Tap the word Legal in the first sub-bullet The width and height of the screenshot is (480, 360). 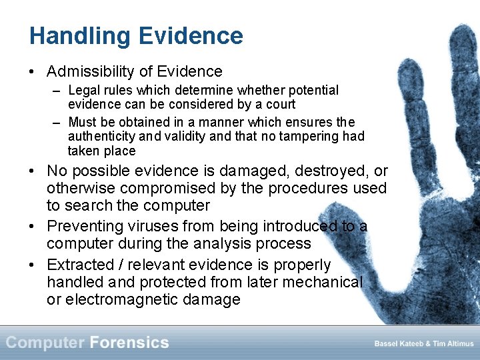83,90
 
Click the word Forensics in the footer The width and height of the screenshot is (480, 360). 129,343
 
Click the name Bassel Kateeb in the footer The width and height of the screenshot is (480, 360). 399,343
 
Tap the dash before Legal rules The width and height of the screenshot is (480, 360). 57,91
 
